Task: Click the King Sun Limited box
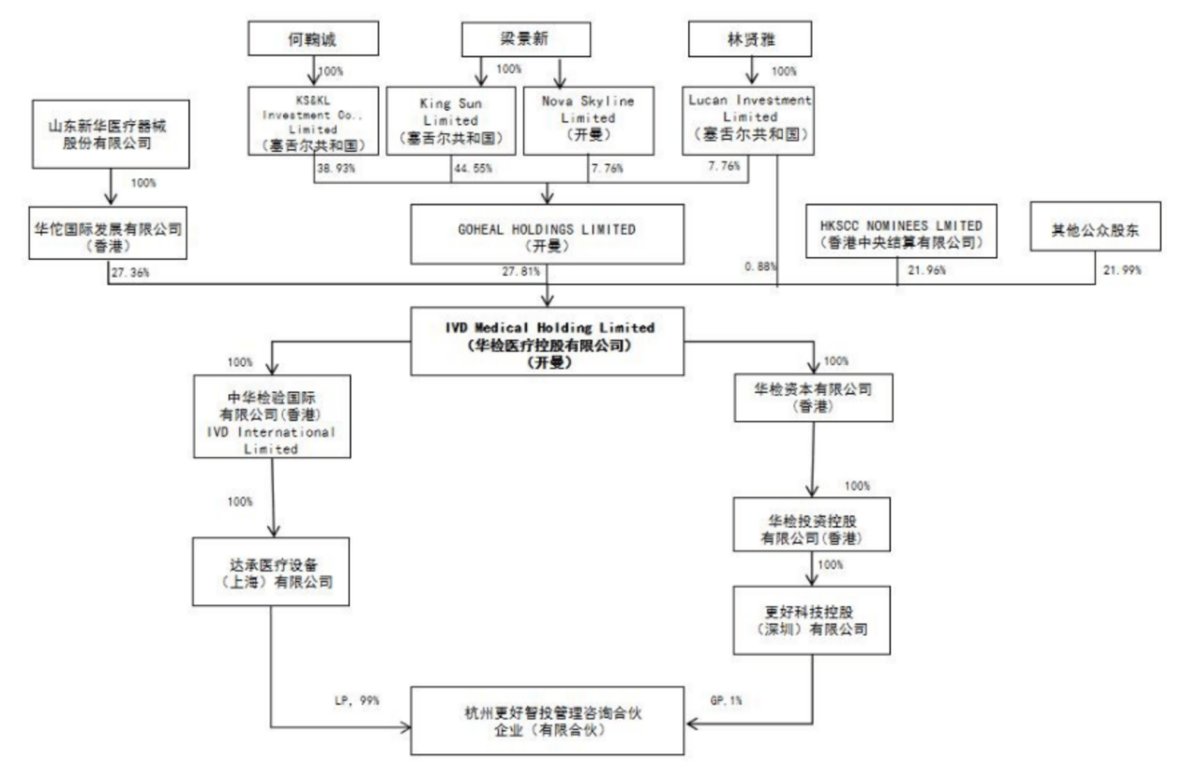point(449,119)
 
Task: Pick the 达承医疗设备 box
point(270,572)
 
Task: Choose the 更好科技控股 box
point(811,619)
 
